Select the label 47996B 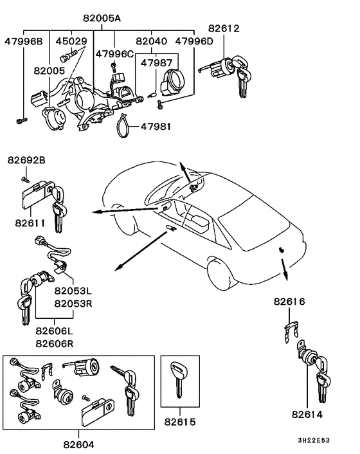tap(24, 42)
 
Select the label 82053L tap(74, 291)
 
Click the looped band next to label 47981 tap(123, 125)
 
